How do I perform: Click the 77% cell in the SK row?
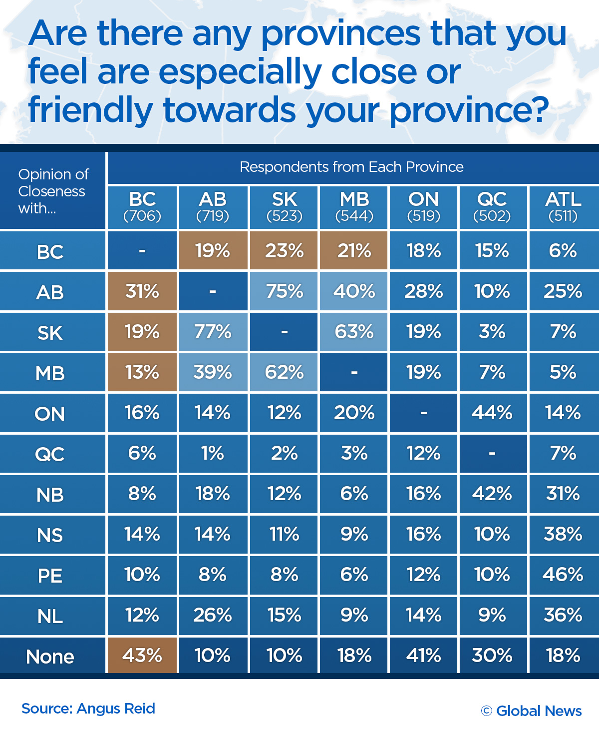click(213, 332)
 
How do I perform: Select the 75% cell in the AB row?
click(284, 291)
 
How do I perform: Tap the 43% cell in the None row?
click(142, 655)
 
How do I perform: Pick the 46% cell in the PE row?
click(563, 575)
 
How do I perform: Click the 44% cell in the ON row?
click(492, 413)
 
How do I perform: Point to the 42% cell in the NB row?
click(492, 494)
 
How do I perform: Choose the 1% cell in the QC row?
click(213, 453)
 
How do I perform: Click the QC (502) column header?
click(492, 207)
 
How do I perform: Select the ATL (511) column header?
click(563, 207)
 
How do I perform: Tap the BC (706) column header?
click(142, 207)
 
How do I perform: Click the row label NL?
click(50, 616)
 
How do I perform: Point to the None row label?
click(50, 657)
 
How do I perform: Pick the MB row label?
click(50, 373)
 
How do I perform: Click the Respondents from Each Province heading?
click(351, 167)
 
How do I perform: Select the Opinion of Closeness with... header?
click(53, 191)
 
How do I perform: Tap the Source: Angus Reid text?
click(88, 709)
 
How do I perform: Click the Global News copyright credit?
click(532, 711)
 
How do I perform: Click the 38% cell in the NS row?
click(563, 534)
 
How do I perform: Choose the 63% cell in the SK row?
click(354, 332)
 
